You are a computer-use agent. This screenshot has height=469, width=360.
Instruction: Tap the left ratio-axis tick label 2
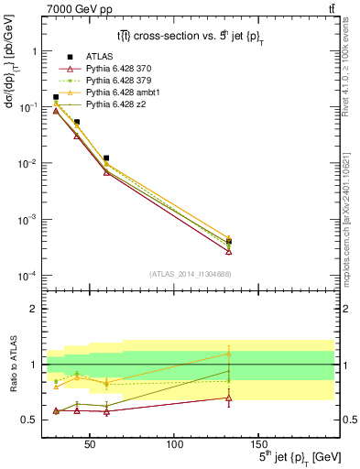click(x=31, y=309)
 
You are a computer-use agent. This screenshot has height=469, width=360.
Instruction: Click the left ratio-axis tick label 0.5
click(x=27, y=420)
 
